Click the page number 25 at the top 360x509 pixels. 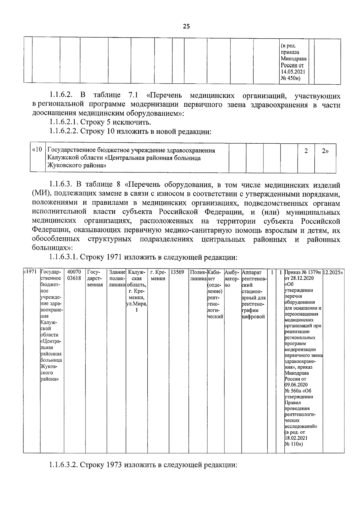tap(186, 27)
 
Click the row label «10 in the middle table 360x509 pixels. tap(37, 150)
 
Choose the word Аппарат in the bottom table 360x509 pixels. tap(251, 272)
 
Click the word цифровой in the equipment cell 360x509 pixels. tap(253, 317)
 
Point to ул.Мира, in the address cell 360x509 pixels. tap(136, 304)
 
